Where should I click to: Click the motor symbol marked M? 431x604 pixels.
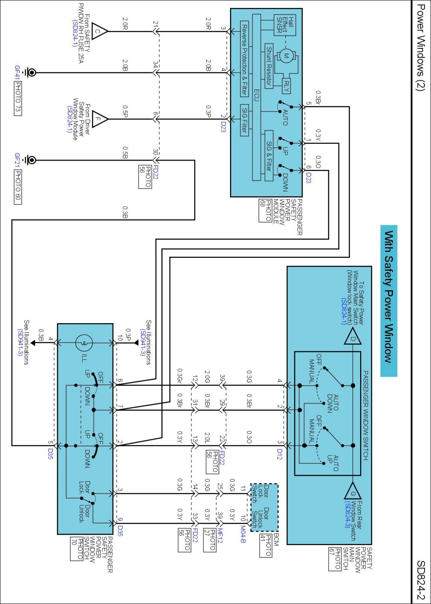coord(286,56)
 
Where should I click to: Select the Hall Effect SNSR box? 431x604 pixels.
coord(285,25)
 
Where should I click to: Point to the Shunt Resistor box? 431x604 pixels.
coord(269,66)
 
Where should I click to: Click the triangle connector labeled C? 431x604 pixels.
coord(99,31)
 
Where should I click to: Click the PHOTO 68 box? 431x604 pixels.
coord(265,210)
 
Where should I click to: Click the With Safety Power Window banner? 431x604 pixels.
coord(389,301)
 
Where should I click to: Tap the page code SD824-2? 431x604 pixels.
coord(421,580)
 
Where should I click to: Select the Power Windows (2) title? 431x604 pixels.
coord(420,47)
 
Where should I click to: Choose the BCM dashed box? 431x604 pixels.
coord(264,507)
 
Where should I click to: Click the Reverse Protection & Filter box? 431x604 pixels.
coord(244,59)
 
